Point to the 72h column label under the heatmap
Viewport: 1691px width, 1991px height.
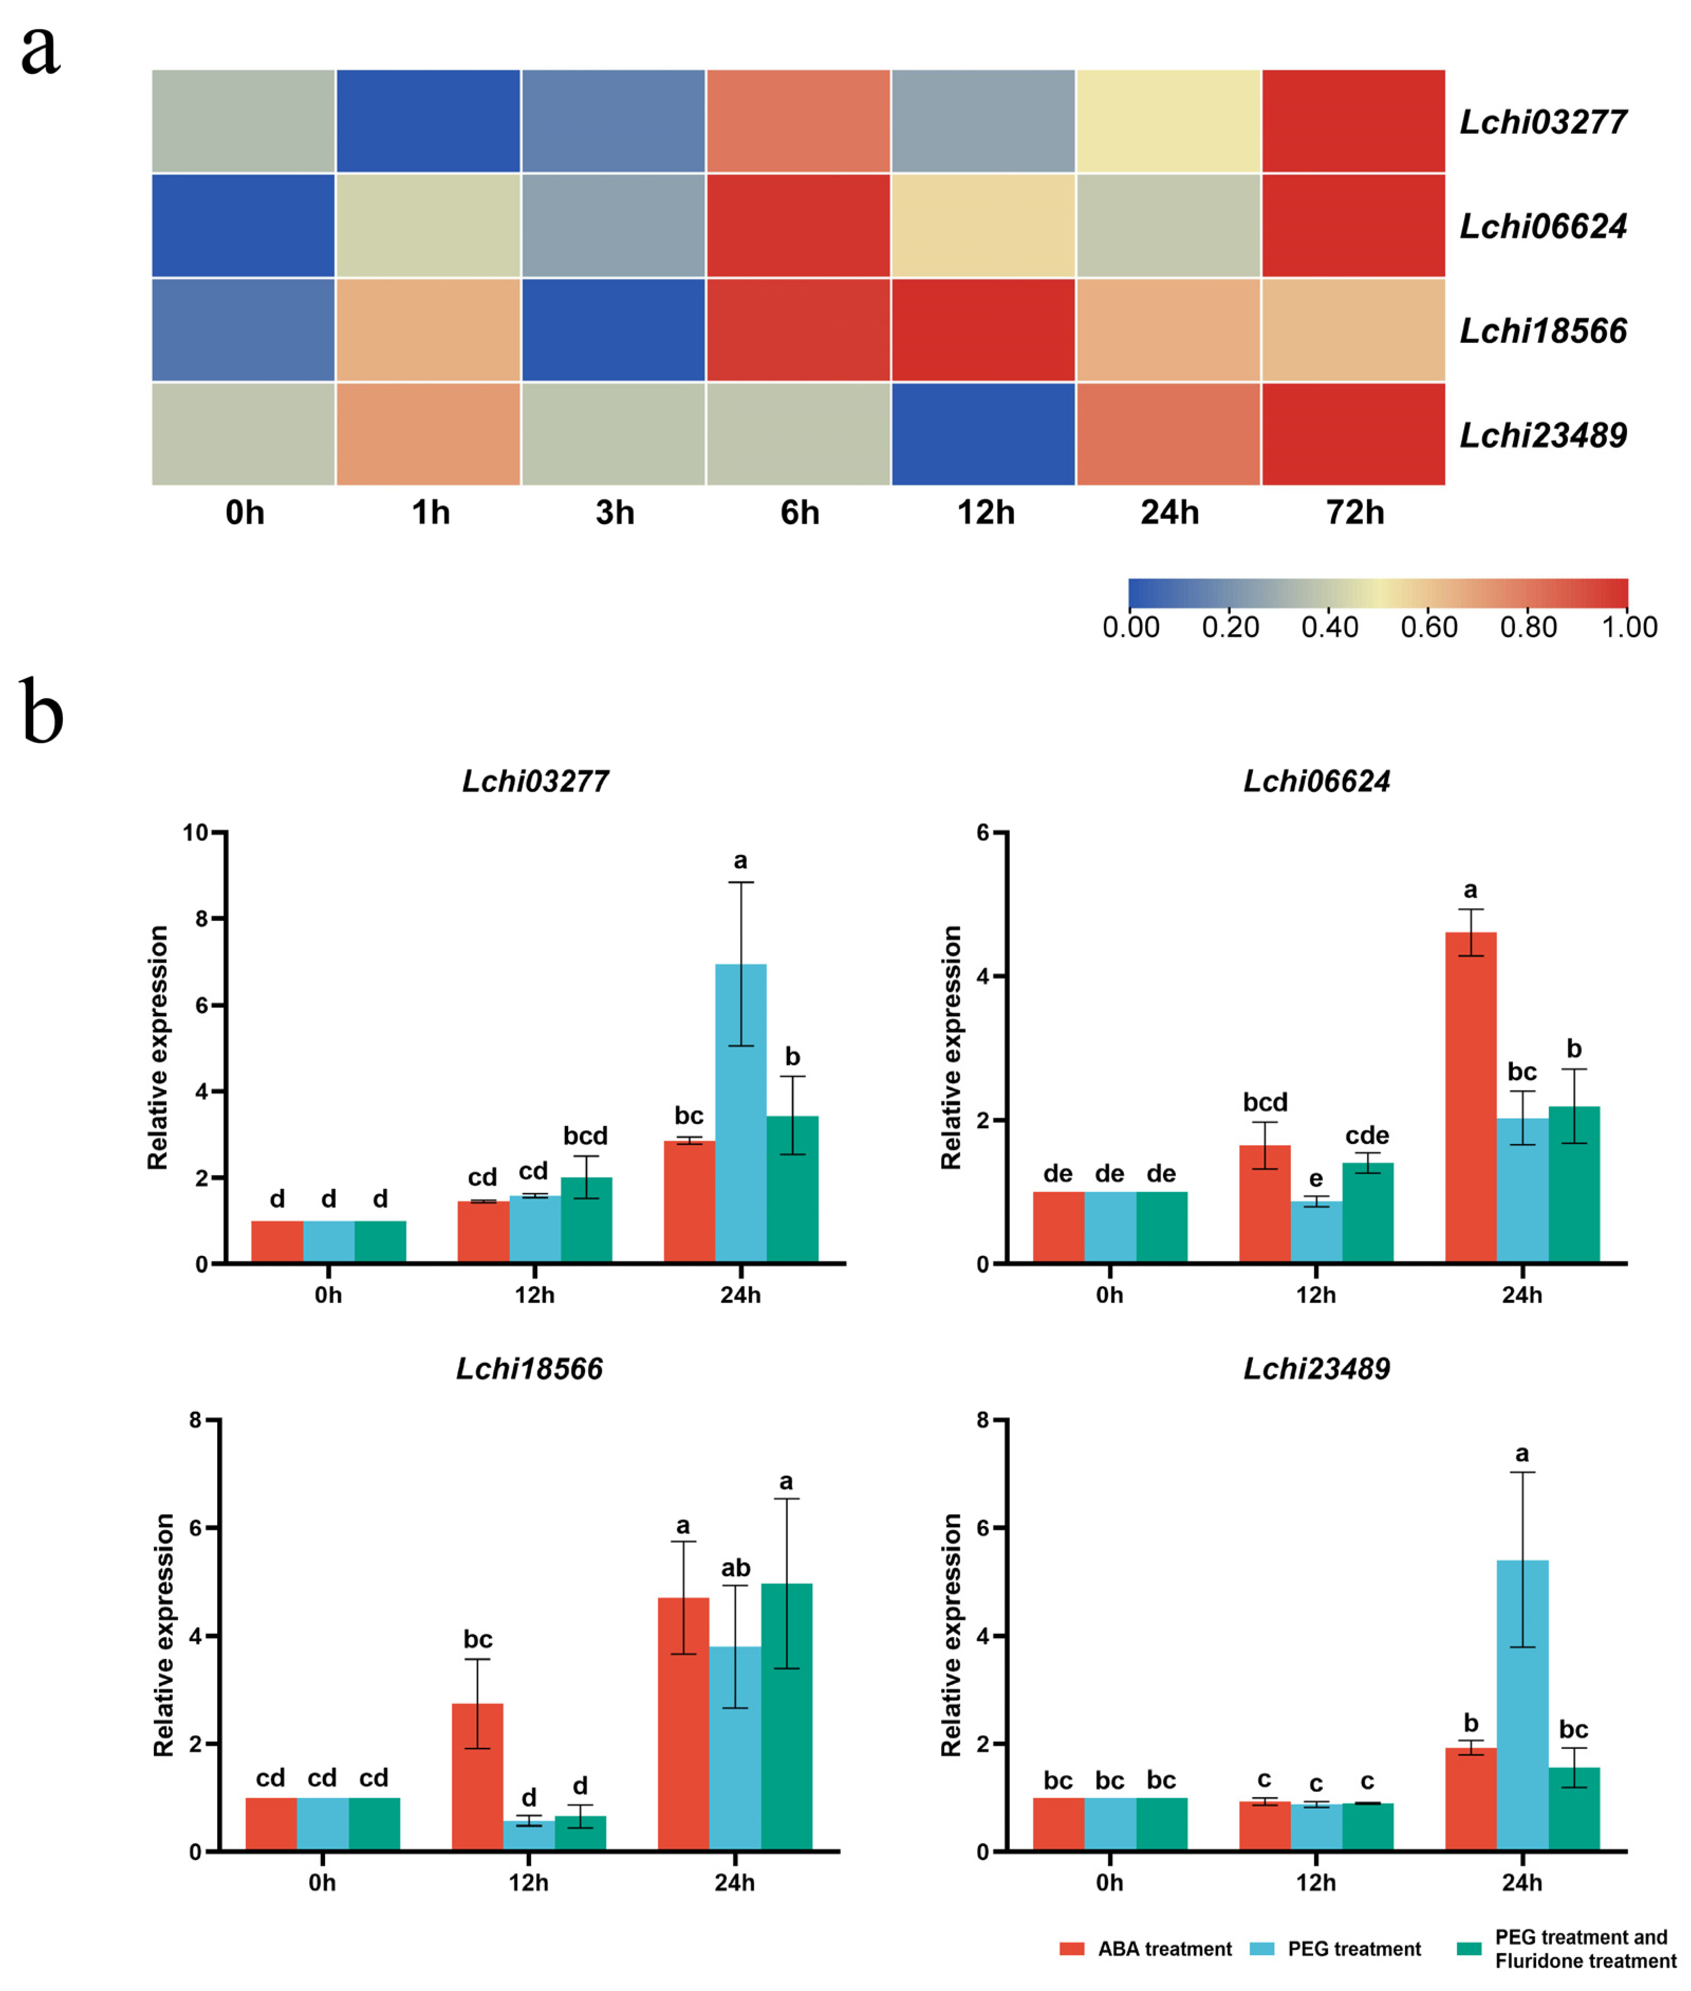point(1354,513)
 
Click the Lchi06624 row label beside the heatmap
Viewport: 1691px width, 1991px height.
point(1543,226)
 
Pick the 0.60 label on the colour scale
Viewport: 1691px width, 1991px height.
point(1428,627)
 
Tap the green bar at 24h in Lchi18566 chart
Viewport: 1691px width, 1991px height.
point(786,1716)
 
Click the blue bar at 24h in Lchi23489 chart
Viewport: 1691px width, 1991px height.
point(1522,1706)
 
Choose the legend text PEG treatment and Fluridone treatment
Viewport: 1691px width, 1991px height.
point(1585,1949)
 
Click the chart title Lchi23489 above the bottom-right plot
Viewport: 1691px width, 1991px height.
point(1316,1368)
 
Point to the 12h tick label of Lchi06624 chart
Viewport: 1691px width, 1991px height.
point(1315,1295)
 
